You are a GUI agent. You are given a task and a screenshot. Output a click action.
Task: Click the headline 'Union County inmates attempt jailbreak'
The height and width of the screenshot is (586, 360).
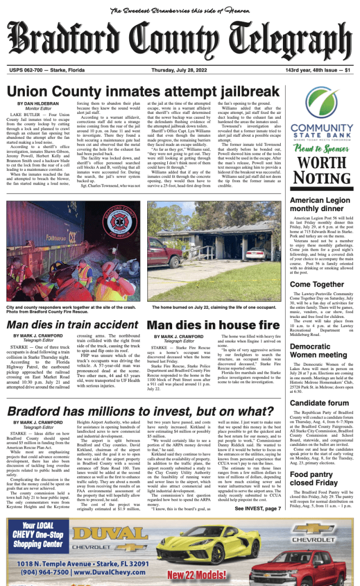pos(143,91)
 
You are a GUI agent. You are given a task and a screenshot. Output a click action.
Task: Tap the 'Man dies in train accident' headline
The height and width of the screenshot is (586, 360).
pos(73,326)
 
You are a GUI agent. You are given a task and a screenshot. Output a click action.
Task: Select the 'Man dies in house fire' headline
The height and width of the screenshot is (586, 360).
pos(214,326)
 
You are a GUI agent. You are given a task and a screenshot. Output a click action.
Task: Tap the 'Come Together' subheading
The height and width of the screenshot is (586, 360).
pos(317,284)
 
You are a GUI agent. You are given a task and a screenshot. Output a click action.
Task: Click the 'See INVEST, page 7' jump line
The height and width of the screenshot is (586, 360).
pos(258,508)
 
